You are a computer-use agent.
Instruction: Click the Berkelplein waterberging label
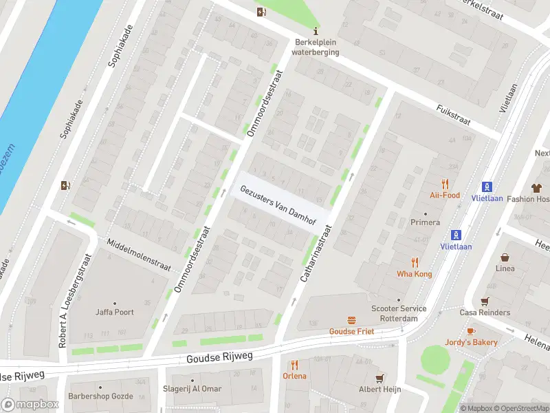(315, 46)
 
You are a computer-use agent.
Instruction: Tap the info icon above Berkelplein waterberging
(316, 31)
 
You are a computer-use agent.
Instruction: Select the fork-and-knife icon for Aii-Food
(445, 184)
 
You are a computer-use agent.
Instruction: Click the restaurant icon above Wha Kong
(414, 262)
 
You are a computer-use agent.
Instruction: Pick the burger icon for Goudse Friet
(352, 320)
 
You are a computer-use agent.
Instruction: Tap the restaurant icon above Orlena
(294, 365)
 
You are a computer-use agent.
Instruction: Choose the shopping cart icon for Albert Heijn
(379, 378)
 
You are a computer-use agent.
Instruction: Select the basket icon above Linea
(505, 257)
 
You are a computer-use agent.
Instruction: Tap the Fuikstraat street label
(453, 114)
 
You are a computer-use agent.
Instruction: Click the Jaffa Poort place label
(115, 312)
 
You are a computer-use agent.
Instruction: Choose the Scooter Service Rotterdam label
(398, 314)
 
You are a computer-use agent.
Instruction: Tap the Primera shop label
(424, 222)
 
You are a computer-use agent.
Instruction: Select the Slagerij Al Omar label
(192, 389)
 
